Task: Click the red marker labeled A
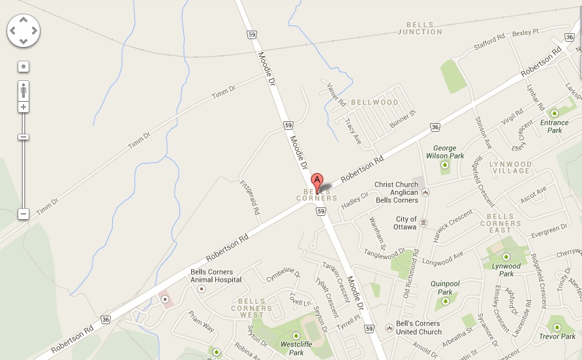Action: (317, 181)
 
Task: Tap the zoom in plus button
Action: (23, 107)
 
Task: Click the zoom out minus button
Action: (23, 213)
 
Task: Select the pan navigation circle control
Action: (23, 31)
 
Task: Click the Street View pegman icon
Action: (23, 90)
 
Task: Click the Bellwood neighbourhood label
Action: (375, 102)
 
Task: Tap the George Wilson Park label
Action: (445, 152)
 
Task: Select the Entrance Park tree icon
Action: (555, 113)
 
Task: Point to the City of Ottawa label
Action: (406, 222)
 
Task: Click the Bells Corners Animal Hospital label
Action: (216, 276)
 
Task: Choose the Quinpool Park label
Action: (446, 288)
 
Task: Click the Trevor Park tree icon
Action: (557, 327)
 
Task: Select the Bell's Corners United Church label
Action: (418, 327)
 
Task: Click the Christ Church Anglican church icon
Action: (425, 192)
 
